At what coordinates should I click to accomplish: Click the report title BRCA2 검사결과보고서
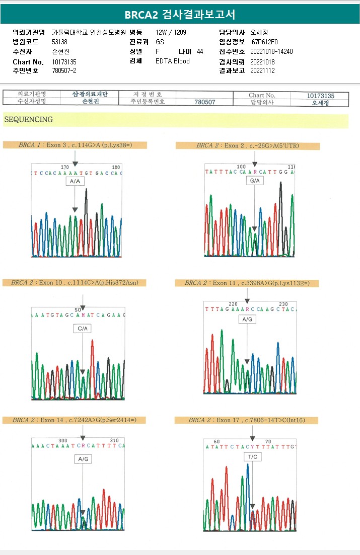coord(180,14)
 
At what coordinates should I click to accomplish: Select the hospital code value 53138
coord(60,42)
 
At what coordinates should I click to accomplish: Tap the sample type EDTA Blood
coord(173,61)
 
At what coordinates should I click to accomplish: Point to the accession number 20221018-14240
coord(271,51)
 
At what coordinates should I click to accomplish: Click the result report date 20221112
coord(263,70)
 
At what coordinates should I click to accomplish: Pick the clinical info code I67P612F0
coord(264,42)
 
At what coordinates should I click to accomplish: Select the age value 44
coord(200,51)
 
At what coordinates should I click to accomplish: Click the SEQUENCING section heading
coord(28,120)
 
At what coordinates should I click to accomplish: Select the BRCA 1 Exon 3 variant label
coord(75,145)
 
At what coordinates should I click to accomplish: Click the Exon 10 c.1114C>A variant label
coord(78,283)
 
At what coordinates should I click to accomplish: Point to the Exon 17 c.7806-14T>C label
coord(247,420)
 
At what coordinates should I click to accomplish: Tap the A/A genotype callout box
coord(75,181)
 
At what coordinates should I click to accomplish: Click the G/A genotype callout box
coord(255,181)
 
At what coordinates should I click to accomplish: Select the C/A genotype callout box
coord(83,329)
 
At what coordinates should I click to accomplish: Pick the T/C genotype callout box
coord(252,456)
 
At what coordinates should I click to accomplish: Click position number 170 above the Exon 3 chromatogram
coord(64,167)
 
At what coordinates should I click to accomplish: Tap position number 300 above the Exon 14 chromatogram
coord(62,440)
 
